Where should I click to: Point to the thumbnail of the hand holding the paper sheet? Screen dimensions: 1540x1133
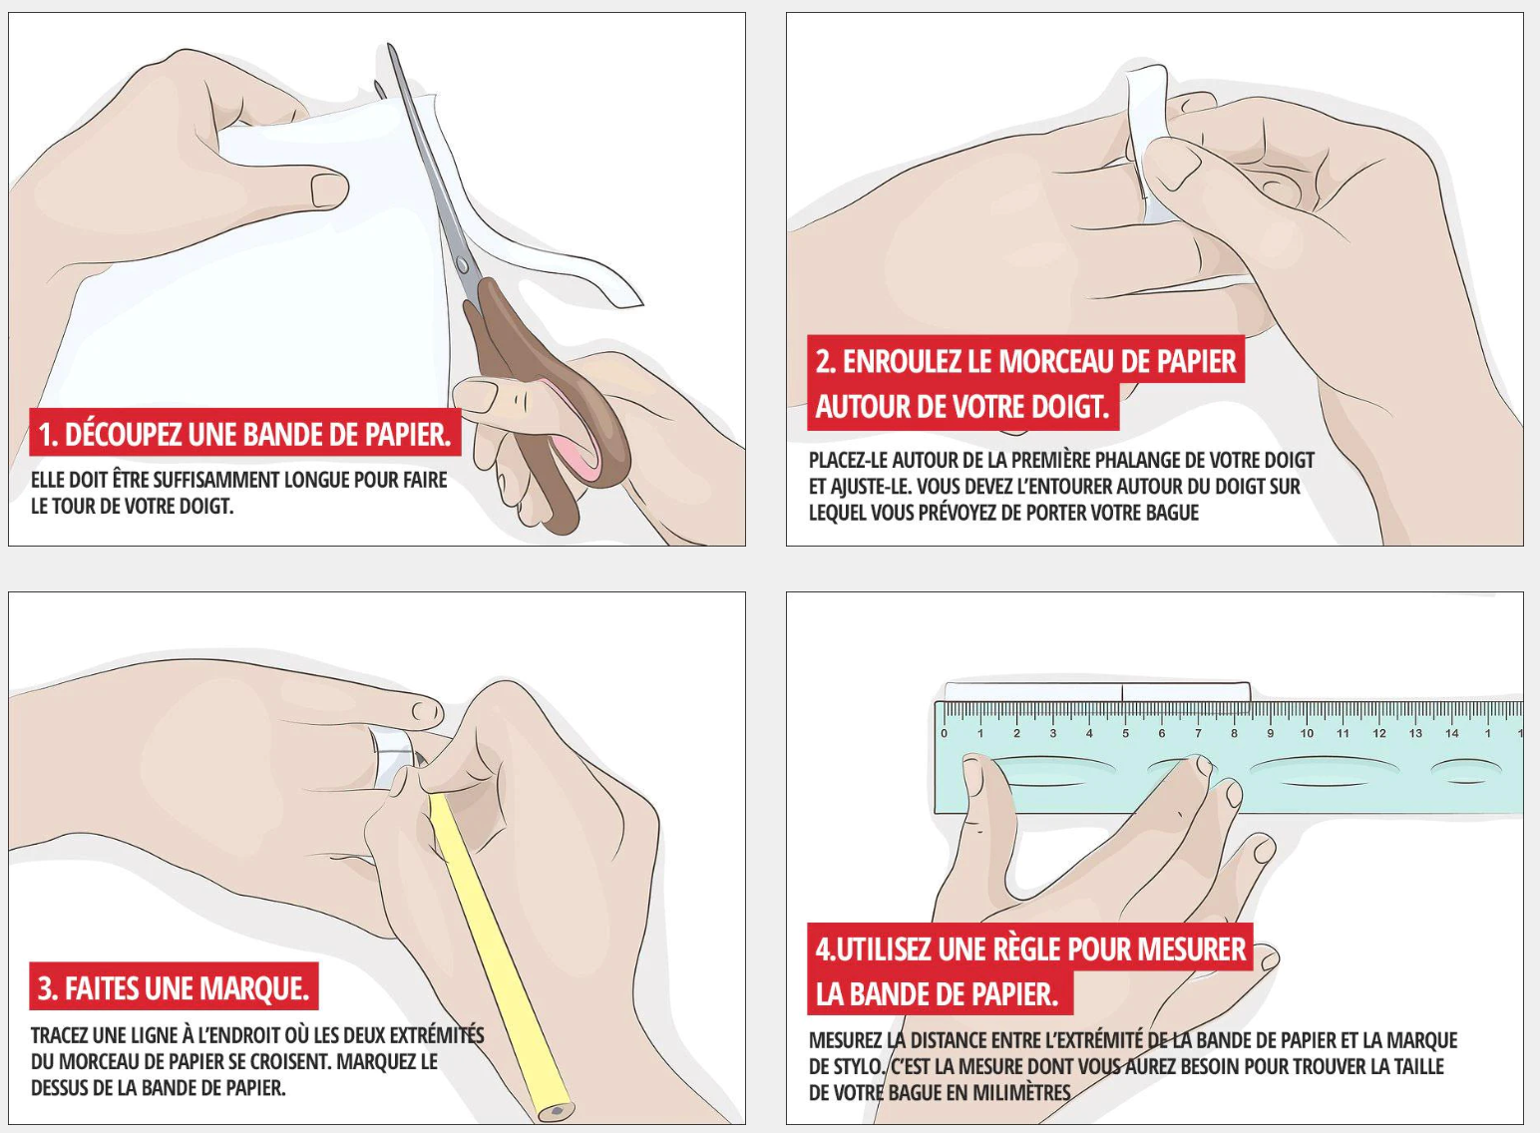pyautogui.click(x=329, y=189)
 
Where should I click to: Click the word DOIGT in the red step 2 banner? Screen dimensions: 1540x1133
pyautogui.click(x=1070, y=407)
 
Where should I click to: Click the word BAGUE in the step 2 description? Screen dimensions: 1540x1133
pyautogui.click(x=1170, y=513)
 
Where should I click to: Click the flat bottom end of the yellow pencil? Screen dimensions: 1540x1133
pyautogui.click(x=558, y=1109)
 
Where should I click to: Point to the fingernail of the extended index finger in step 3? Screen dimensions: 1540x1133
pyautogui.click(x=426, y=711)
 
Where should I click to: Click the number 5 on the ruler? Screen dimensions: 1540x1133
pyautogui.click(x=1125, y=734)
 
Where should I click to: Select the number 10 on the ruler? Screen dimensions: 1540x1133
pyautogui.click(x=1307, y=734)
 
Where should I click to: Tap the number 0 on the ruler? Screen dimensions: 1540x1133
pyautogui.click(x=944, y=734)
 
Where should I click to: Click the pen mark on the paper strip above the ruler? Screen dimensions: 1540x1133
pyautogui.click(x=1123, y=692)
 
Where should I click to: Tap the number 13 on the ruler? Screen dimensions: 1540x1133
pyautogui.click(x=1415, y=734)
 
